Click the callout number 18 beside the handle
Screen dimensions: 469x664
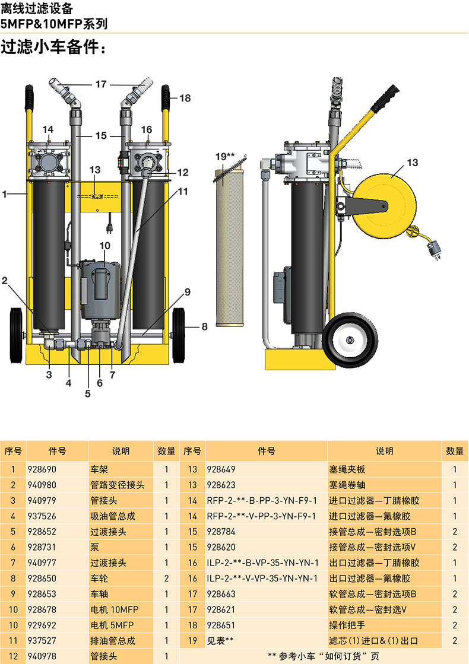tap(185, 98)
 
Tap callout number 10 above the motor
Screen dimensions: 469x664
tap(105, 246)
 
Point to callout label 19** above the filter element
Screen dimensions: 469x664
tap(224, 156)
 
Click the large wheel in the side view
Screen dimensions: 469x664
tap(350, 340)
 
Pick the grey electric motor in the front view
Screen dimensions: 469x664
tap(101, 288)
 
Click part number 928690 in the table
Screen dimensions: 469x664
tap(42, 469)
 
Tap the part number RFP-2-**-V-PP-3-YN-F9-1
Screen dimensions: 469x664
tap(261, 516)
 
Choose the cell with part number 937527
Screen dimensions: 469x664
tap(42, 640)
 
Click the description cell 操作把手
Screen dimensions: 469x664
tap(347, 625)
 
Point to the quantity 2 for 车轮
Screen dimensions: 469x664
tap(166, 579)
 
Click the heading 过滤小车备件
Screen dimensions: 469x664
tap(50, 47)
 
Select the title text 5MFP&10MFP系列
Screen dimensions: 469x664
tap(54, 24)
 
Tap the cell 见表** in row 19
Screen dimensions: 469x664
tap(220, 641)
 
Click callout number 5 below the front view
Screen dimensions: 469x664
tap(88, 393)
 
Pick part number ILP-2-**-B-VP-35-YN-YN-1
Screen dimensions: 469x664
tap(262, 563)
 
